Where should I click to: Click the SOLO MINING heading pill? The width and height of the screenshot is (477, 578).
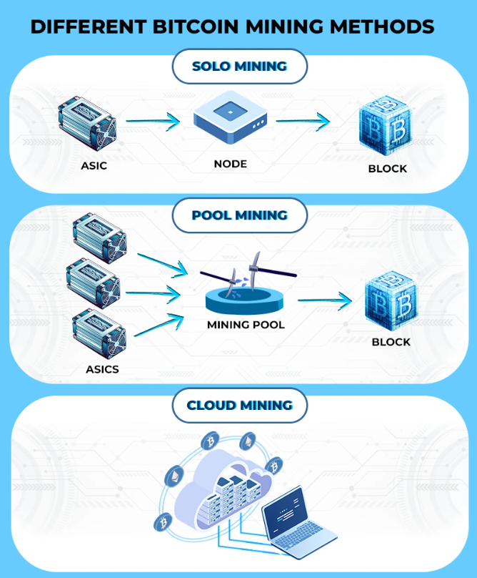239,67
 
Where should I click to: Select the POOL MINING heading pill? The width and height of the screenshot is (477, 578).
239,215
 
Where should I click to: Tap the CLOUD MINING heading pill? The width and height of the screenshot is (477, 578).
239,406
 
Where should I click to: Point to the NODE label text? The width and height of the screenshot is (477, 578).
230,164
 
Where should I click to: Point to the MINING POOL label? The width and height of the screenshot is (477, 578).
245,325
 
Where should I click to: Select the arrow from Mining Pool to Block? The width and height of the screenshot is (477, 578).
325,300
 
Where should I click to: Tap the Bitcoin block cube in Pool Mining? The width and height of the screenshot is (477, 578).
391,303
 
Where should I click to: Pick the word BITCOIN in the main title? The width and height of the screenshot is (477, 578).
194,27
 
